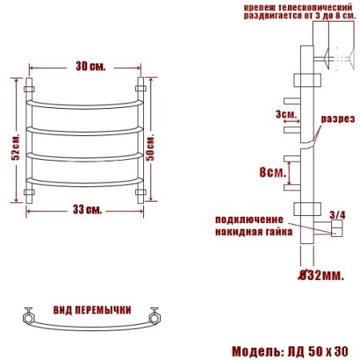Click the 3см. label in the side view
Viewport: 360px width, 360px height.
(284, 114)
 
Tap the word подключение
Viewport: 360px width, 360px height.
(248, 219)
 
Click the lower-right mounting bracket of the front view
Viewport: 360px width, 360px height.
(142, 193)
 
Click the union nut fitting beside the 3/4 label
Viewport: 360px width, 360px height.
(337, 230)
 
